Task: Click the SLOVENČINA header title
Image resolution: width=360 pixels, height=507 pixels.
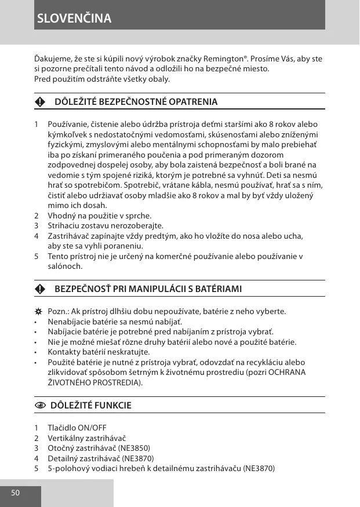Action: pos(74,19)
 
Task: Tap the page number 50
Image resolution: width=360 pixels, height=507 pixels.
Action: pos(15,493)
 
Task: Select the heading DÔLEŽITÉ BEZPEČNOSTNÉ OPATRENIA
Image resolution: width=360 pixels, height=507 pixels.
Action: pos(136,102)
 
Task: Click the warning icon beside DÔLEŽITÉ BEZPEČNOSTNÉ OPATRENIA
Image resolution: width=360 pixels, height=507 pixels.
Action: pos(39,102)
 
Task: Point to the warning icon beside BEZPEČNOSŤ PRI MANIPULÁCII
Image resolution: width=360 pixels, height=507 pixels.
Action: pos(39,289)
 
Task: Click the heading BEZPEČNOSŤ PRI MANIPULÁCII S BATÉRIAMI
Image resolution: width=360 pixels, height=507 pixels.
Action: pos(148,289)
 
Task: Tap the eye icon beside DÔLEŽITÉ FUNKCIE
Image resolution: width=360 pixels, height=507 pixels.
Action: pos(39,406)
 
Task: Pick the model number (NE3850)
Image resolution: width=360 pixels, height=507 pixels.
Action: pos(134,448)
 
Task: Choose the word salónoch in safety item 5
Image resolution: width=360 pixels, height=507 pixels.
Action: pos(65,267)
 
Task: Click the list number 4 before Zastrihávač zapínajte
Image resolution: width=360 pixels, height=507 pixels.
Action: pos(37,236)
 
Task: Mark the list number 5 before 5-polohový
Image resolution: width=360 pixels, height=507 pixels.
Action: pos(37,468)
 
